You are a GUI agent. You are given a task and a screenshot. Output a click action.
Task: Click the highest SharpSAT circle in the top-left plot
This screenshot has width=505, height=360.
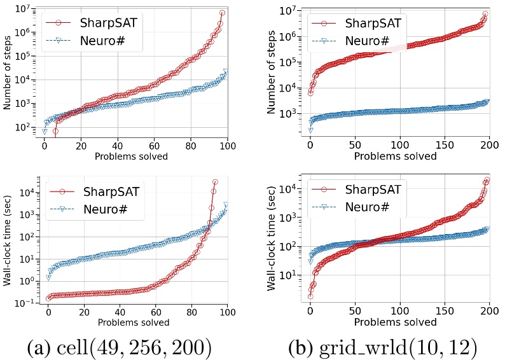(x=223, y=13)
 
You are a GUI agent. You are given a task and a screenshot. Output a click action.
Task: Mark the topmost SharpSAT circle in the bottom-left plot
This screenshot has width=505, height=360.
(x=215, y=182)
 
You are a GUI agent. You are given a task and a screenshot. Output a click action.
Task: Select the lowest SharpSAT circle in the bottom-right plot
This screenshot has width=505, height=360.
(x=310, y=296)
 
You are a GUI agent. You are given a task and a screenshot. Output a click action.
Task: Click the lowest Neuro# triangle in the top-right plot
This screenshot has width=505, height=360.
(x=310, y=130)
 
